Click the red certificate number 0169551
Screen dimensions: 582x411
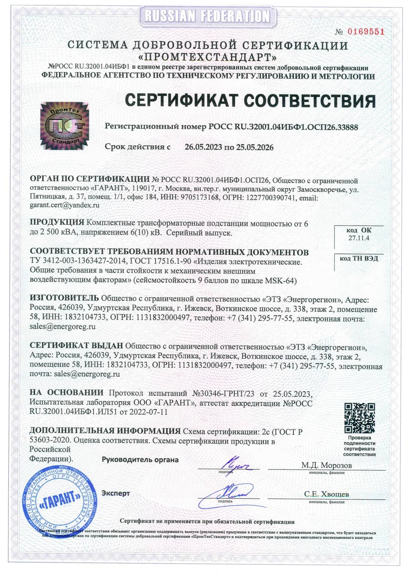(x=366, y=32)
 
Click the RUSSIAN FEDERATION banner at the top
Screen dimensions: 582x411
(x=207, y=16)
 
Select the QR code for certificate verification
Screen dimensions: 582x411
(x=359, y=418)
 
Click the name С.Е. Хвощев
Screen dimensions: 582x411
(x=326, y=494)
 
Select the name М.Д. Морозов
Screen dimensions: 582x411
(x=326, y=465)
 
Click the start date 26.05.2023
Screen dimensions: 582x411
(x=203, y=147)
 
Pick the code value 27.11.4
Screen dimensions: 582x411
(x=359, y=238)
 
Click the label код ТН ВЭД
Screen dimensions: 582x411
(x=359, y=258)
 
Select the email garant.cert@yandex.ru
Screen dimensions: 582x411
(x=65, y=205)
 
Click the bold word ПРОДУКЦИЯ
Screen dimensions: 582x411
(x=57, y=222)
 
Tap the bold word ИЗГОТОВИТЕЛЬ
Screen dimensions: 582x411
(x=64, y=298)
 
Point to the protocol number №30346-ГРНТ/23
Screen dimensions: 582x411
(x=223, y=394)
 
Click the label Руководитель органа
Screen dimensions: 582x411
(x=140, y=460)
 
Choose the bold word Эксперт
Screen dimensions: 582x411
(x=116, y=493)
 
